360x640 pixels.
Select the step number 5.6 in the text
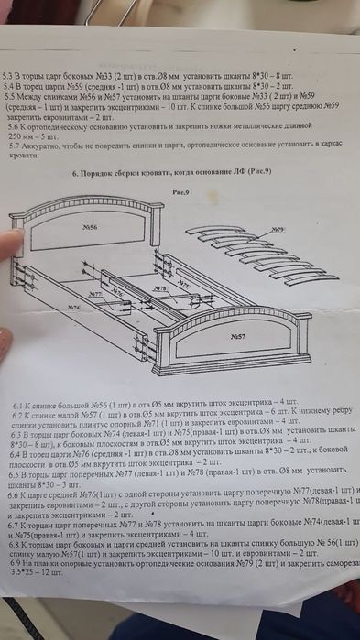pyautogui.click(x=16, y=129)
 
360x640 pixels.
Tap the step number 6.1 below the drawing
pyautogui.click(x=18, y=404)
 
